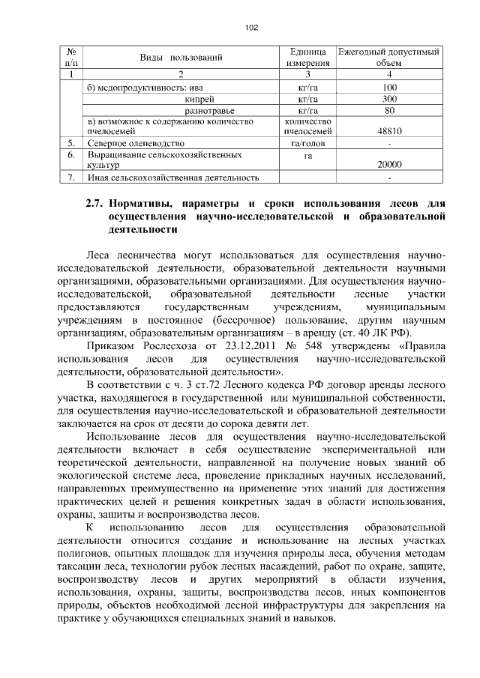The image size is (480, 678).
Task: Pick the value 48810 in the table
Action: point(388,130)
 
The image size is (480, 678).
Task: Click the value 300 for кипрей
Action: point(388,99)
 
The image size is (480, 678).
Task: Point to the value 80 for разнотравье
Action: point(388,111)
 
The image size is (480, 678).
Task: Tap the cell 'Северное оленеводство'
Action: point(135,142)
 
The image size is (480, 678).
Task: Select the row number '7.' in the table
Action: point(70,178)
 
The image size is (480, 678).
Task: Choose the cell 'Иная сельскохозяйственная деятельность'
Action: point(173,178)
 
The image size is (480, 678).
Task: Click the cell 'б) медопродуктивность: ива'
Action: point(135,88)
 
